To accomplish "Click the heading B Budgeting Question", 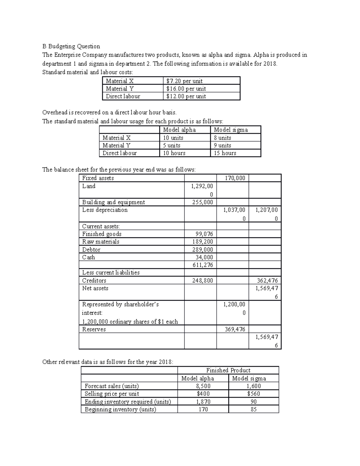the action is tap(71, 46).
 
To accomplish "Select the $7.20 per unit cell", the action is tap(184, 81).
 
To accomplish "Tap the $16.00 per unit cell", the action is tap(186, 89).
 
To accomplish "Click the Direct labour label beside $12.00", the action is tap(123, 96).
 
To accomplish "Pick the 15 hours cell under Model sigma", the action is tap(225, 153).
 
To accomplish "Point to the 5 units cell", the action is tap(172, 146).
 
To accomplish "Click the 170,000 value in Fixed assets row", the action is tap(235, 178).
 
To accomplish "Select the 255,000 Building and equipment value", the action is tap(202, 202).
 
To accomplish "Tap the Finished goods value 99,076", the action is tap(204, 234).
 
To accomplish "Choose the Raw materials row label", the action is tap(101, 242).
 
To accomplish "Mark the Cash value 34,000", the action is tap(204, 257).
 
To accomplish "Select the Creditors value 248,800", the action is tap(202, 281).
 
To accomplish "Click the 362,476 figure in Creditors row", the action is tap(267, 281).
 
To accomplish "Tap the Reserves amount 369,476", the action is tap(235, 329).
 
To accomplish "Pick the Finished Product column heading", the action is tap(228, 370).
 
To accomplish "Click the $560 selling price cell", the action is tap(253, 394).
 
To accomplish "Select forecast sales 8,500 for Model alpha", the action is tap(203, 386).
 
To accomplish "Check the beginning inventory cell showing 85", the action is tap(253, 409).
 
